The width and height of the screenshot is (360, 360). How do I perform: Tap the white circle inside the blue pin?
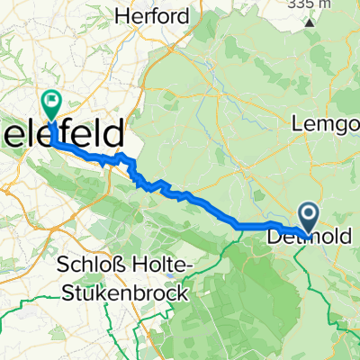[x=309, y=213]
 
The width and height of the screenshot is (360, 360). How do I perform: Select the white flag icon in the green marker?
[x=52, y=103]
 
